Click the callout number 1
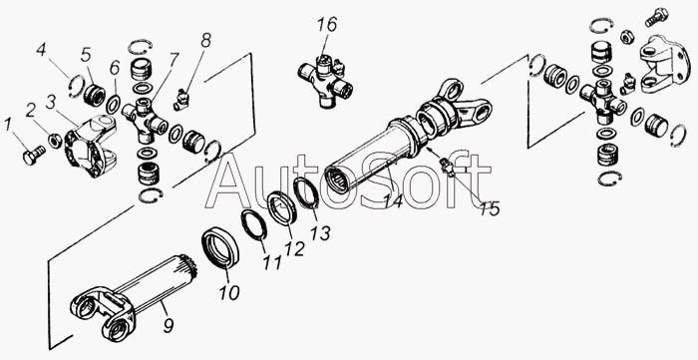[7, 126]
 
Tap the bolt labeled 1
[34, 155]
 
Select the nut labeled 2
[55, 141]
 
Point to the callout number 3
[50, 103]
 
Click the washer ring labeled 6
[114, 105]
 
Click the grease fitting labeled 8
[181, 99]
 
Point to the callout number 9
[168, 325]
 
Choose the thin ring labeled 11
[253, 224]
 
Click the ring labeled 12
[283, 208]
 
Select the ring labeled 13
[307, 192]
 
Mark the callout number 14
[394, 201]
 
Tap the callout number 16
[327, 25]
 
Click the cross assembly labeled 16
[324, 80]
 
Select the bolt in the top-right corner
[656, 17]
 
